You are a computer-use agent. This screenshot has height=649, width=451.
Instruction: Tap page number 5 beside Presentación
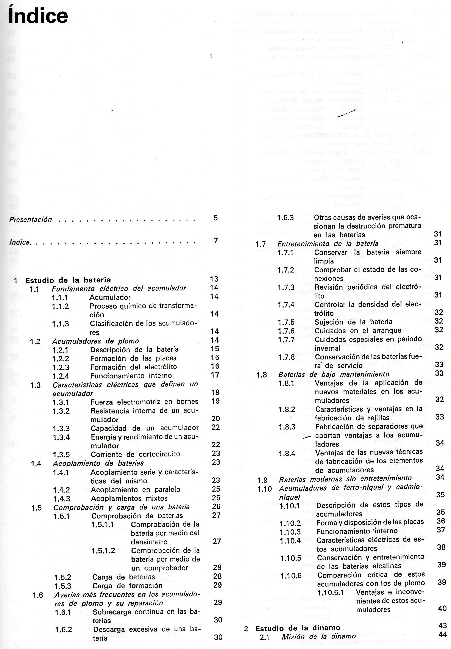point(215,218)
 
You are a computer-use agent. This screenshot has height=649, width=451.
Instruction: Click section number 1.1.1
point(60,297)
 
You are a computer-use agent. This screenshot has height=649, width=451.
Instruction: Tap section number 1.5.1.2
point(103,551)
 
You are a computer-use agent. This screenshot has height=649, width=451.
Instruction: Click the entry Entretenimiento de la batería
point(328,244)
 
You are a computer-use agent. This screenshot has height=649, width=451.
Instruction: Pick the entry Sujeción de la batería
point(353,322)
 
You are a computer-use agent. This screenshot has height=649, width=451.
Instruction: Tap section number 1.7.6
point(286,331)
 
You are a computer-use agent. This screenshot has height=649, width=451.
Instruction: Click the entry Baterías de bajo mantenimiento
point(334,374)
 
